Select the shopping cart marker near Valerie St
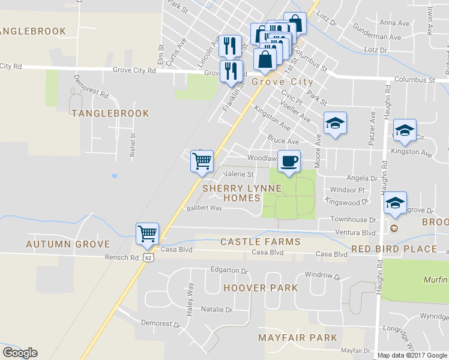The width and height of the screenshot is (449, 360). [202, 161]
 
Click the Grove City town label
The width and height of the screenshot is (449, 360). [282, 82]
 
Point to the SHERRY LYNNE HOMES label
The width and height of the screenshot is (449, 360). [242, 193]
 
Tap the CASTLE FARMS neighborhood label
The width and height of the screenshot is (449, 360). [260, 242]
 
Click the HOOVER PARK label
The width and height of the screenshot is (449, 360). [261, 288]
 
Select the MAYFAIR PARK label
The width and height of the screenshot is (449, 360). [298, 338]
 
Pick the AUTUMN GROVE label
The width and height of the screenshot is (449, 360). [68, 244]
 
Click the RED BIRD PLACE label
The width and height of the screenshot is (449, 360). [394, 249]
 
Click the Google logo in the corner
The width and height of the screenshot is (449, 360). [20, 353]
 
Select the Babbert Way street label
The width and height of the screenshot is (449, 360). [204, 208]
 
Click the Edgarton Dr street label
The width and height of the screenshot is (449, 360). [229, 271]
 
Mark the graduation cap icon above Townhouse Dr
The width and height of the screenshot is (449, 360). [396, 203]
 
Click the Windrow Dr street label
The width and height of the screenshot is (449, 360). [323, 277]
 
